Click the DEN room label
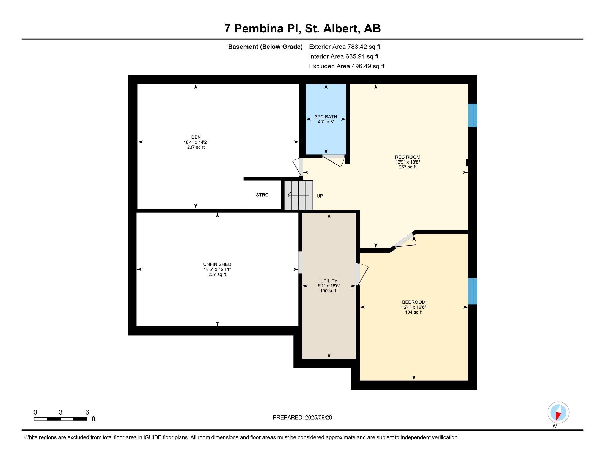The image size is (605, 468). tap(196, 137)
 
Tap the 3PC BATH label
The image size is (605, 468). tap(326, 117)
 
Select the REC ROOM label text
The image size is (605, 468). tap(408, 157)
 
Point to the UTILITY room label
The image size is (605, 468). tap(329, 281)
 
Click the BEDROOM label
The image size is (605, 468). tap(414, 302)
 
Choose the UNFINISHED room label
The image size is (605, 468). tap(217, 265)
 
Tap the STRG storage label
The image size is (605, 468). tap(262, 195)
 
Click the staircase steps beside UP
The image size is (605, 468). tap(299, 195)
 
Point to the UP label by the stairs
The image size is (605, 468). tap(320, 196)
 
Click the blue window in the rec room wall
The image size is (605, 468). tap(472, 115)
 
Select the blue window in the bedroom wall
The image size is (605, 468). tap(472, 291)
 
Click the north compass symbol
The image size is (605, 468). tap(558, 413)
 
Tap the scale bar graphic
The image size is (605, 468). tap(61, 419)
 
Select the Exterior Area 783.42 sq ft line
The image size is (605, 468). tap(345, 47)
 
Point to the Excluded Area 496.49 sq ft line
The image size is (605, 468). tap(346, 66)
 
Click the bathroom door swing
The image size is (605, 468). tap(334, 160)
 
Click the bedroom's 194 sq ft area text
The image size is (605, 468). tap(414, 312)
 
